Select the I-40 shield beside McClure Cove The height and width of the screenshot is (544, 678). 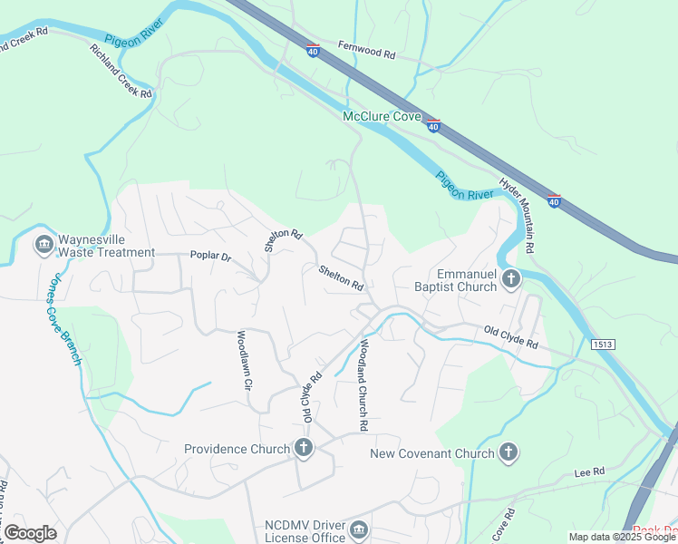click(434, 126)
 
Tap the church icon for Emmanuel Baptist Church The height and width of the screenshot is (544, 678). click(511, 279)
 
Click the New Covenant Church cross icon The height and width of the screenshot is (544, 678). click(509, 452)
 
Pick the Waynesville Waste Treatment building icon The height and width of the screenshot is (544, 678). click(43, 246)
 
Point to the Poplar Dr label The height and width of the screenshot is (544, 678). click(210, 257)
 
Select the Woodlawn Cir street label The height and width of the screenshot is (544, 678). click(243, 360)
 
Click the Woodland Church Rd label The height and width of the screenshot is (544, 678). click(363, 384)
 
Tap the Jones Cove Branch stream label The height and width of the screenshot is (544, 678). click(62, 319)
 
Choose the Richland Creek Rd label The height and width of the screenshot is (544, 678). click(121, 70)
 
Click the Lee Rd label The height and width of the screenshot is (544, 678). click(589, 473)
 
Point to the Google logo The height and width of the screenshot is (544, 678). click(30, 533)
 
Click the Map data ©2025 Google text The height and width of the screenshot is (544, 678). click(621, 537)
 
